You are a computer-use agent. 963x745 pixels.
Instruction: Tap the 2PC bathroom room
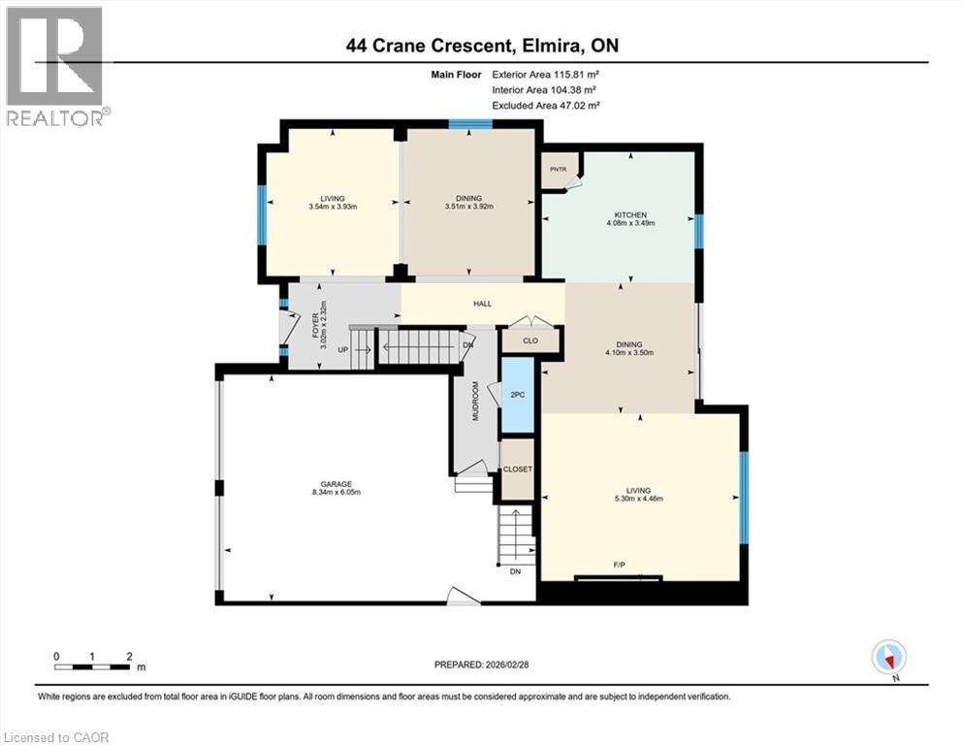tap(518, 395)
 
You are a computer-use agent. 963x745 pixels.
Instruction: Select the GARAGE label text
tap(337, 483)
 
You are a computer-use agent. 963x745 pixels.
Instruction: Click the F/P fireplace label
tap(619, 564)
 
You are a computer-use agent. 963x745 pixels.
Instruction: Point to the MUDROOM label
tap(475, 399)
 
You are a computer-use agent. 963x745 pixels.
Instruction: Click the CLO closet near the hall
tap(530, 340)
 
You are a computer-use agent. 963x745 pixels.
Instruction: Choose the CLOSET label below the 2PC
tap(517, 470)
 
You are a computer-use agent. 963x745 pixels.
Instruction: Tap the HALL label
tap(482, 304)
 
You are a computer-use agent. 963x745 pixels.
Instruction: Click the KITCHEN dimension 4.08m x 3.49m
tap(630, 223)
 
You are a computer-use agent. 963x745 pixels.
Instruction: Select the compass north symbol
tap(888, 658)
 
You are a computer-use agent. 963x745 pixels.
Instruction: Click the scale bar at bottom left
tap(93, 665)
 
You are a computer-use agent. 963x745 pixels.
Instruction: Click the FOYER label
tap(315, 323)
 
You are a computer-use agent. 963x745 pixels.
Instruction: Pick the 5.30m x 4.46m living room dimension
tap(637, 499)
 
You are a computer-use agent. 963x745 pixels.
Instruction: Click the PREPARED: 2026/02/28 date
tap(481, 664)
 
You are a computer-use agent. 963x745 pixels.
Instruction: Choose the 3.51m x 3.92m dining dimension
tap(469, 207)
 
